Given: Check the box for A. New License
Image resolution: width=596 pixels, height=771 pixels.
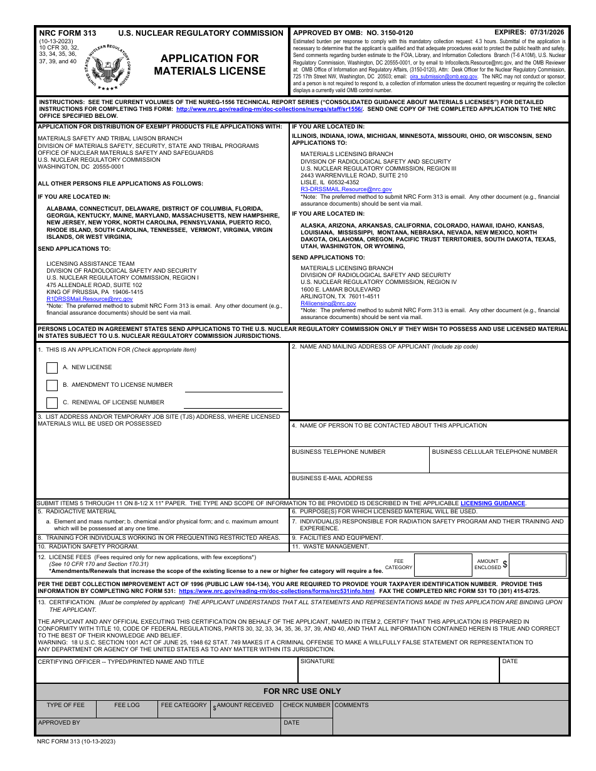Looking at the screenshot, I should pos(52,368).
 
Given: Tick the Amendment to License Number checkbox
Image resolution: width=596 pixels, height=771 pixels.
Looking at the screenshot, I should pos(52,385).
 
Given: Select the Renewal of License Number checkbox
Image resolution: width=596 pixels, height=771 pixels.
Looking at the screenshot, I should pos(52,403).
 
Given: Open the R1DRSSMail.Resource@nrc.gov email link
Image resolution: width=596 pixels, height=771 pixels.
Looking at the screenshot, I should pos(90,299).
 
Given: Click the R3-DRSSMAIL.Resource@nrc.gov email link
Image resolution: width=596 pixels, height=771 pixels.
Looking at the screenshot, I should pos(346,189).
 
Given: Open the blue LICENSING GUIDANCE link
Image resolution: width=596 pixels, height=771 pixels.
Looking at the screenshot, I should pos(492,503).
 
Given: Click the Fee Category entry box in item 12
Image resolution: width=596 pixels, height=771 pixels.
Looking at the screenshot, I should pos(443,565).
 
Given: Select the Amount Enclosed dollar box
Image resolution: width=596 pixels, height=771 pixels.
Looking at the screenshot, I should pos(537,565).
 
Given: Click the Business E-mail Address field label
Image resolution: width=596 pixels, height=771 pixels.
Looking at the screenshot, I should pos(332,478).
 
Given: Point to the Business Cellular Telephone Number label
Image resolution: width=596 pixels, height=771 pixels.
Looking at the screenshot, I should pos(494,452).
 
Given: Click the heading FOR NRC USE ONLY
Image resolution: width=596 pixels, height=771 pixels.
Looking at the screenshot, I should pos(302,691).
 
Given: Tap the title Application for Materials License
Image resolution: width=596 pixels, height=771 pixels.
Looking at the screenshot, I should pos(210,65).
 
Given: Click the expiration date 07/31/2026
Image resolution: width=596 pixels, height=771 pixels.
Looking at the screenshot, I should pos(546,32).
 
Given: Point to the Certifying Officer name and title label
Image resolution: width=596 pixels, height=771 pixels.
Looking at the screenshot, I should pos(121,662).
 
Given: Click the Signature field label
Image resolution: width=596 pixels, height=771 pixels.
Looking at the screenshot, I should pos(317,661).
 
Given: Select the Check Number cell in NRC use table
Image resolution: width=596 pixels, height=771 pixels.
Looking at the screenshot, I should pos(306,705).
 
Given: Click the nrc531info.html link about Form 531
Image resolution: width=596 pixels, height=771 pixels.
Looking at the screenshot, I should pos(277,591).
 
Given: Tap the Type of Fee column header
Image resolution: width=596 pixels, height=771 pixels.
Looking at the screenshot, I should pos(65,705).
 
